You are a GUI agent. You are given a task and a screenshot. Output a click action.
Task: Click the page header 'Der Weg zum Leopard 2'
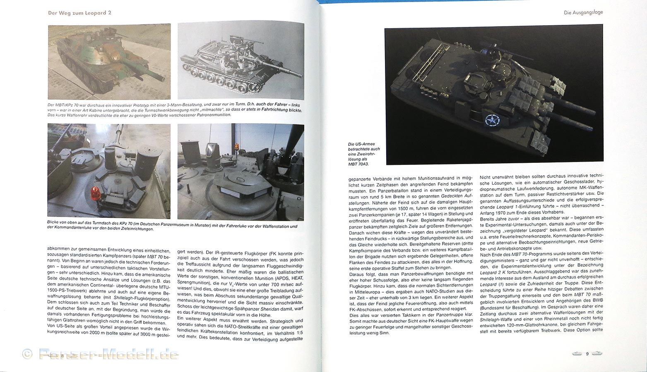(x=79, y=13)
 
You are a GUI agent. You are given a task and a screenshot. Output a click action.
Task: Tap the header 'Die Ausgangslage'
(x=583, y=12)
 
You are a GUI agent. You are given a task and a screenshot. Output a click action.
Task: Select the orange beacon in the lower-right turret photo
(x=236, y=147)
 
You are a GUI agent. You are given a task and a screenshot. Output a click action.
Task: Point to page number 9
(x=587, y=353)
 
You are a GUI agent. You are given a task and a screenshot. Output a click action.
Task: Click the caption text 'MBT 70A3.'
(x=358, y=164)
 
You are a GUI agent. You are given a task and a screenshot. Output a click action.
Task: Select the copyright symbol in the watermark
(x=27, y=354)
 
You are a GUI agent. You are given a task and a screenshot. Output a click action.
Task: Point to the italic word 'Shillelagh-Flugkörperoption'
(x=137, y=299)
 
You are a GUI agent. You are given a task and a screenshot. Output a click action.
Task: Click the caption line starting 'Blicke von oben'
(x=172, y=227)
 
